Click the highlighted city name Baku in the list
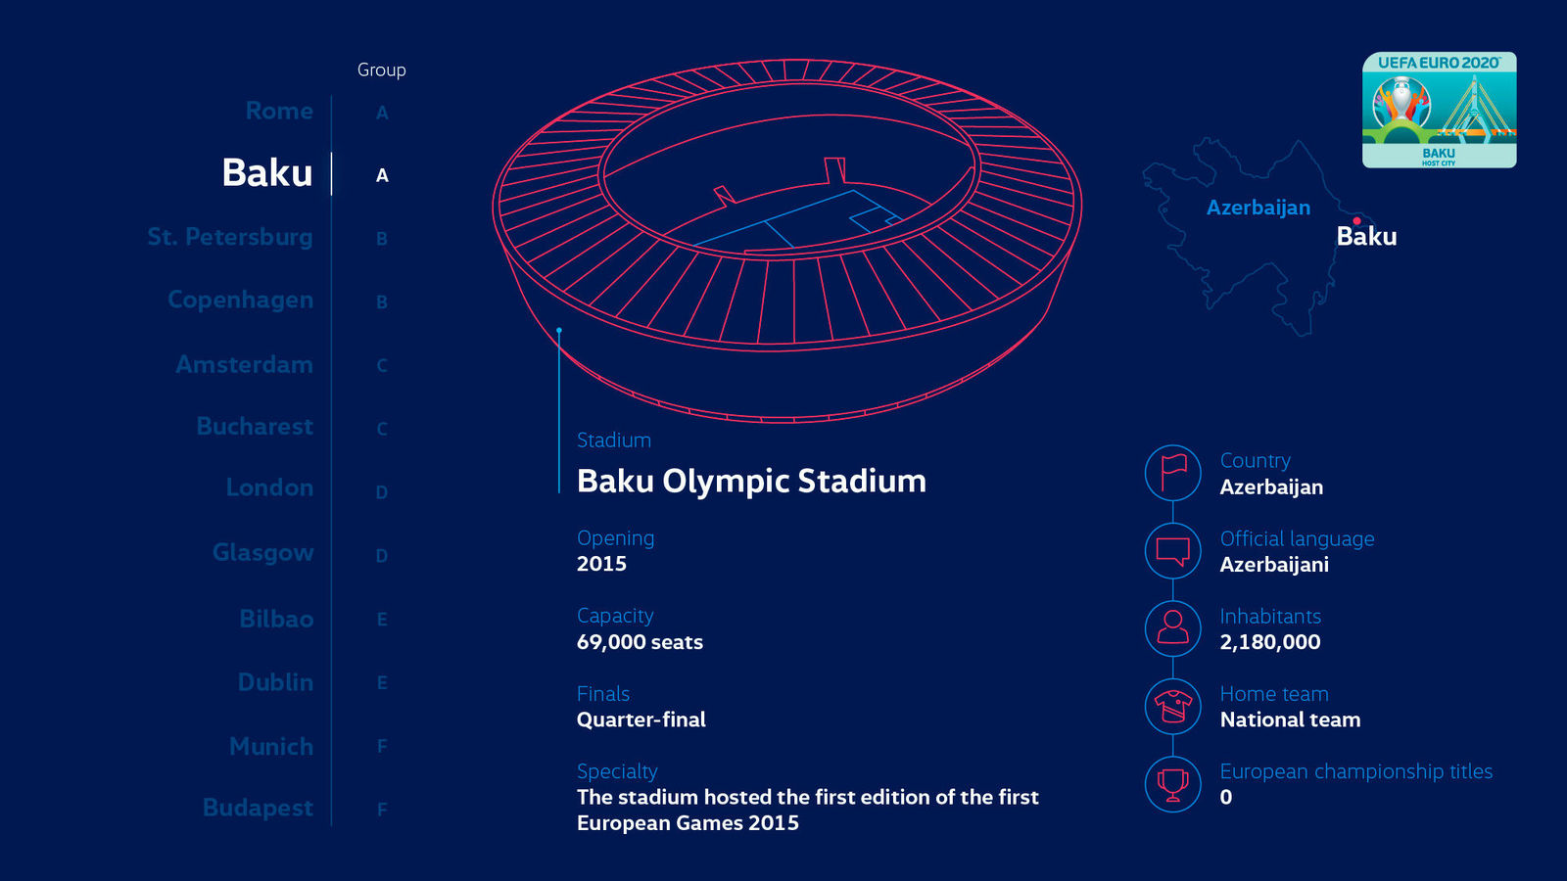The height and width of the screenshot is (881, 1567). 266,173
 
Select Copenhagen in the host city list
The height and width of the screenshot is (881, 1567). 240,300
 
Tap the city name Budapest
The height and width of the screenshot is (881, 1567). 258,808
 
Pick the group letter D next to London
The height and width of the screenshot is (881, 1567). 382,492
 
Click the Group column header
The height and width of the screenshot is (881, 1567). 381,70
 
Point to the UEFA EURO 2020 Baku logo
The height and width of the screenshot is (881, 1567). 1439,110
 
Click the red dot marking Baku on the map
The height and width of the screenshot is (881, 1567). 1356,221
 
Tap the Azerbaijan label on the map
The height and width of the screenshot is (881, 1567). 1258,208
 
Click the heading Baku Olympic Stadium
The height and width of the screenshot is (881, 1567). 751,481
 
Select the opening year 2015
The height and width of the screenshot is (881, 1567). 601,564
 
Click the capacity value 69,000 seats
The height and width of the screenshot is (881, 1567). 640,642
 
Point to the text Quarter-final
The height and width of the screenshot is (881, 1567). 641,719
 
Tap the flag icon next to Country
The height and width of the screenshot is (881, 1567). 1172,473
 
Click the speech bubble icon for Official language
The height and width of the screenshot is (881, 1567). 1172,550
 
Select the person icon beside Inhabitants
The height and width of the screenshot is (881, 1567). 1172,627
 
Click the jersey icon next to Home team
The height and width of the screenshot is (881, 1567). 1172,706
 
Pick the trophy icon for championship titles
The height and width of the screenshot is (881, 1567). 1172,783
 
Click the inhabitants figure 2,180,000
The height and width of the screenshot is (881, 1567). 1269,642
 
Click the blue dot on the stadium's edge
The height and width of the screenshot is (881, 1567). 559,331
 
